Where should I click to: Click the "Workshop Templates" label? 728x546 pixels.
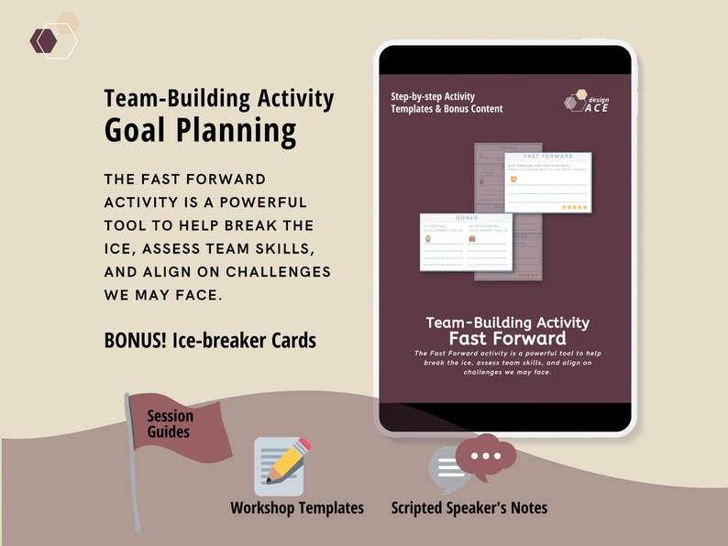pyautogui.click(x=297, y=508)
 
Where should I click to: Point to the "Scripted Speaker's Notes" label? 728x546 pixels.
pyautogui.click(x=469, y=508)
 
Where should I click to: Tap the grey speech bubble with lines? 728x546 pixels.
pyautogui.click(x=448, y=470)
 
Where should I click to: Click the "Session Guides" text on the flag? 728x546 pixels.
pyautogui.click(x=171, y=422)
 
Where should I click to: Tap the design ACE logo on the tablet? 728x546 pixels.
pyautogui.click(x=588, y=104)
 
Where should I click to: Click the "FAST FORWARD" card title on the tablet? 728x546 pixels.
pyautogui.click(x=547, y=158)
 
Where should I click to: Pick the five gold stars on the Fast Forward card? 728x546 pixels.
pyautogui.click(x=574, y=207)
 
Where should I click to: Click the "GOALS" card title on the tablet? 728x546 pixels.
pyautogui.click(x=466, y=218)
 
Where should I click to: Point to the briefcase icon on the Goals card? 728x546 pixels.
pyautogui.click(x=473, y=239)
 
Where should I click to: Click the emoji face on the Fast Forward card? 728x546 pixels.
pyautogui.click(x=513, y=180)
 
